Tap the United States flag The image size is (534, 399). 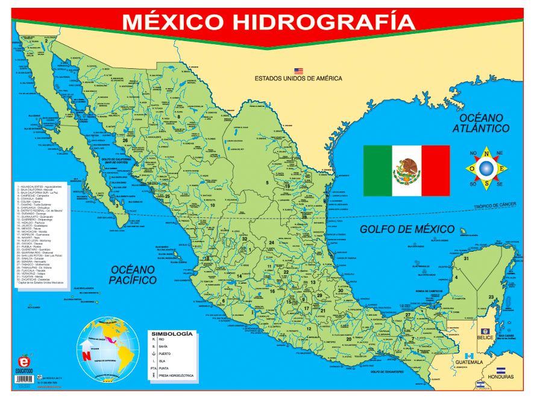coord(298,71)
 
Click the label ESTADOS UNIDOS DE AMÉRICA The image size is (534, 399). coord(298,78)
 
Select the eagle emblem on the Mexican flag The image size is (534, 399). coord(406,171)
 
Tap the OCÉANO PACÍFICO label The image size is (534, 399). coord(133,274)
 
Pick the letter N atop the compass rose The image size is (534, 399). coord(485,152)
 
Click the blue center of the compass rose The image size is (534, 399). coord(486,167)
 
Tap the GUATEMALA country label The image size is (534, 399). coord(467,362)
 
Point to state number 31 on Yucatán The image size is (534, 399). coord(466,258)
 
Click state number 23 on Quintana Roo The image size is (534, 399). coord(491,296)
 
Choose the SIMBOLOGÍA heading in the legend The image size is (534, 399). coord(172,334)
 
